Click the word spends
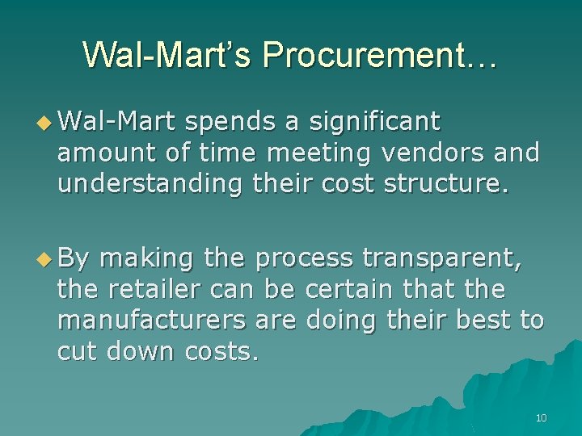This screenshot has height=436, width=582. click(231, 123)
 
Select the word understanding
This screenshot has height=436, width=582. click(150, 184)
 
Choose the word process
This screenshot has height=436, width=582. click(303, 259)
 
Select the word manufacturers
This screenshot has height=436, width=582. click(151, 320)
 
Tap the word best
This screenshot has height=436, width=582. click(483, 320)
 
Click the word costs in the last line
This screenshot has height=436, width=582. click(221, 351)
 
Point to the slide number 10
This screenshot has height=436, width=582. click(541, 417)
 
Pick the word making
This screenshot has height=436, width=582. click(146, 259)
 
